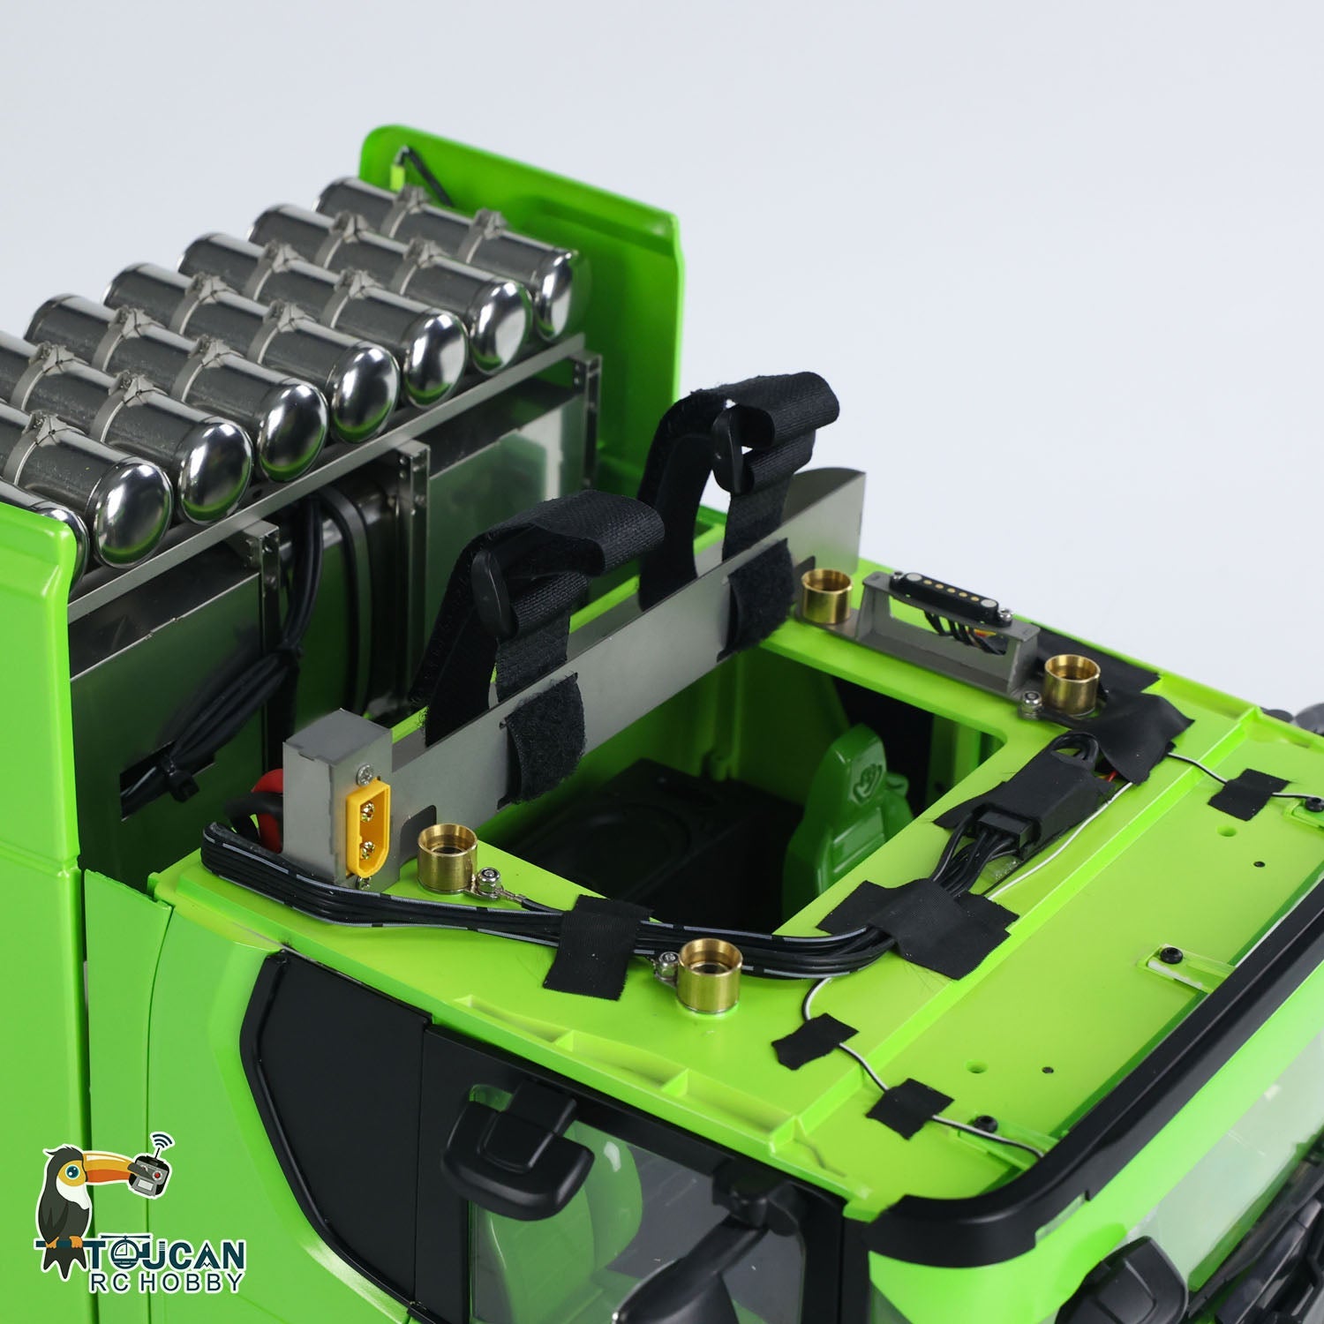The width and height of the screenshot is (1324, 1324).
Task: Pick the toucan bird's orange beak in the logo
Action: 100,1173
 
